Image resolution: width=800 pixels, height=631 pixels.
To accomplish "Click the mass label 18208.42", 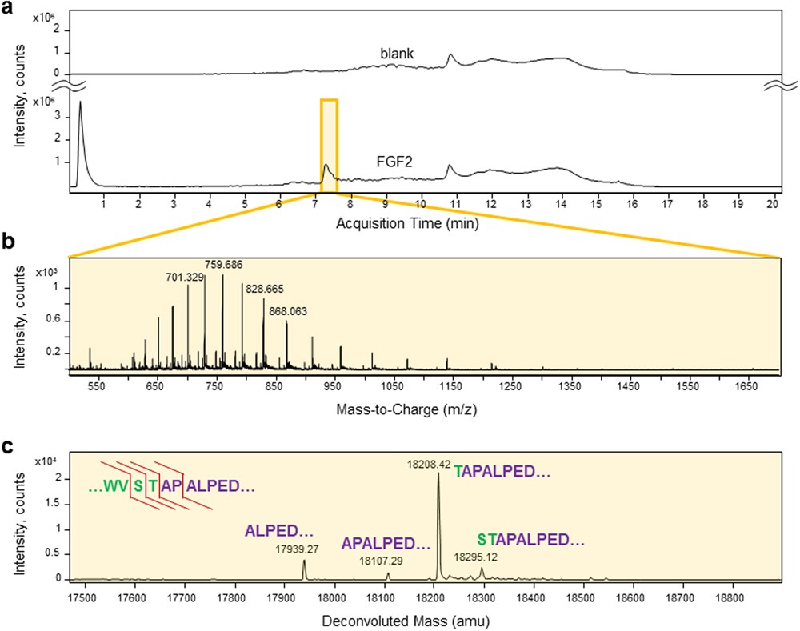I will tap(430, 465).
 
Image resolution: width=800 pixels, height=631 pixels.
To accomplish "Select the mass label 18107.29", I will tap(382, 562).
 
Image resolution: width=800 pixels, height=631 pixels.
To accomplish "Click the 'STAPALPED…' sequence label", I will tap(531, 539).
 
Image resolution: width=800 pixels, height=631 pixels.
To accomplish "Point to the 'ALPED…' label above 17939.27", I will tap(279, 531).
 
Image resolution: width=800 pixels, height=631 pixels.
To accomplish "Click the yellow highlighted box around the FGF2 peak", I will tap(329, 144).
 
